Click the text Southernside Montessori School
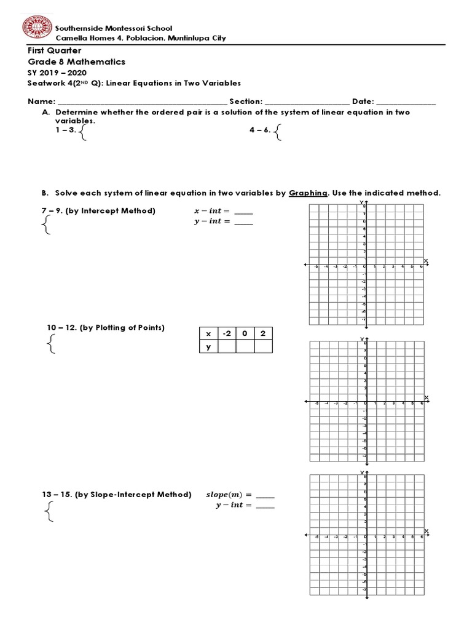[x=114, y=28]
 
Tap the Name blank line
[x=142, y=103]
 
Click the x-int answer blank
[x=244, y=212]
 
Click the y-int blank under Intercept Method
[x=244, y=222]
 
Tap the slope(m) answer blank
[x=265, y=496]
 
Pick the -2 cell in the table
[x=227, y=333]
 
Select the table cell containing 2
[x=262, y=333]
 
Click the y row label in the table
[x=208, y=346]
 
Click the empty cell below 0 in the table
[x=245, y=346]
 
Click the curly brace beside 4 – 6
[x=279, y=132]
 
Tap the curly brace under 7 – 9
[x=45, y=229]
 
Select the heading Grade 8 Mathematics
[x=76, y=62]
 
